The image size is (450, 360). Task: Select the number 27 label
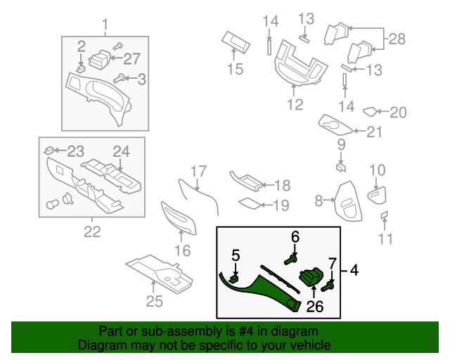click(x=132, y=59)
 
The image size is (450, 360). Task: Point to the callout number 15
click(x=235, y=69)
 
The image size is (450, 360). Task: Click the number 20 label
click(x=398, y=112)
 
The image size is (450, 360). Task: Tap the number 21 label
click(x=375, y=131)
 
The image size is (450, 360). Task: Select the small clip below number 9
click(x=340, y=167)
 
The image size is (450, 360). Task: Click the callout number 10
click(x=378, y=170)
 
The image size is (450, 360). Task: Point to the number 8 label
click(x=319, y=201)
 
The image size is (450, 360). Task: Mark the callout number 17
click(x=199, y=171)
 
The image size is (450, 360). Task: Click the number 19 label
click(x=281, y=205)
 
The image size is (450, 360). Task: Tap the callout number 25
click(x=154, y=302)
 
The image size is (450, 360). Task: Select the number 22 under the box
click(x=92, y=231)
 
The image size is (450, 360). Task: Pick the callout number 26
click(x=314, y=306)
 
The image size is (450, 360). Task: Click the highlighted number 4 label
click(x=354, y=269)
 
